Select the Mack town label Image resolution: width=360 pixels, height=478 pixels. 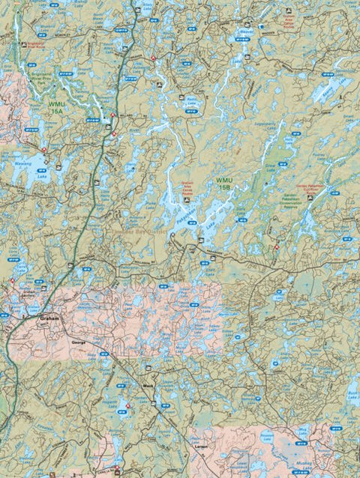tap(147, 387)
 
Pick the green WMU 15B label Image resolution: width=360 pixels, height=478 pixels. tap(223, 184)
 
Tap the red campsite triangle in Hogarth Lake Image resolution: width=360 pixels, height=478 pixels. tap(128, 406)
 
